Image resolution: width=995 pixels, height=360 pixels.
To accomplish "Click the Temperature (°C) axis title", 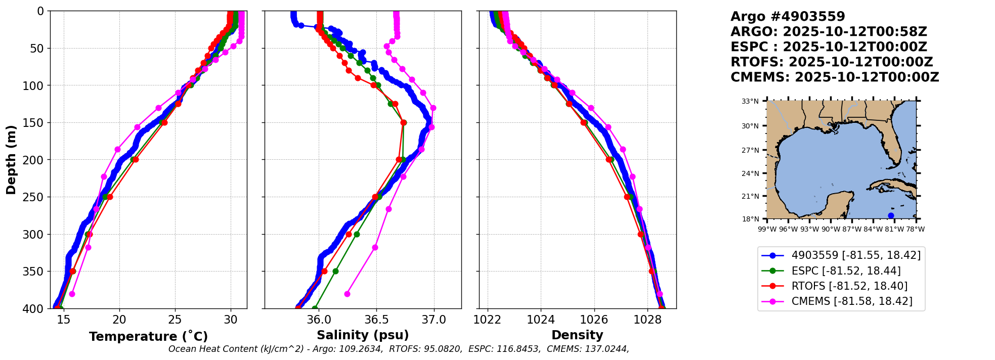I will click(148, 337).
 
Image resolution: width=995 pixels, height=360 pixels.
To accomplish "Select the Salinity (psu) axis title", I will click(363, 335).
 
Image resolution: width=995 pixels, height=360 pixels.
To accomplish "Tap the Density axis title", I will click(577, 335).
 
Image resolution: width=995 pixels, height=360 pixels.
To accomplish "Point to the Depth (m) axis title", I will click(11, 159).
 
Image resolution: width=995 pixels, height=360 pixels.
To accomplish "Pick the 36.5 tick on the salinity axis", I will click(376, 320).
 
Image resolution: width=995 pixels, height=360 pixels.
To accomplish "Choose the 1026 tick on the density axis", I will click(594, 320).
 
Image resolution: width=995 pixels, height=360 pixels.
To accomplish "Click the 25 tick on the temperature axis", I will click(175, 320).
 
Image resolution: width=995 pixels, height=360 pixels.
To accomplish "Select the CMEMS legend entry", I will click(852, 301).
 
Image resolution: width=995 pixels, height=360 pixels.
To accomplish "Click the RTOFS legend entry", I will click(849, 286).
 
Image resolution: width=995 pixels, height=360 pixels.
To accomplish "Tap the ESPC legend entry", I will click(846, 271).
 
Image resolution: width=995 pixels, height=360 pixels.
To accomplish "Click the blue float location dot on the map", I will click(891, 215).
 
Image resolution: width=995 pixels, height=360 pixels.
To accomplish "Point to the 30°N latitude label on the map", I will click(750, 126).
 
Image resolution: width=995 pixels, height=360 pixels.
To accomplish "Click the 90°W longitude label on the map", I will click(831, 229).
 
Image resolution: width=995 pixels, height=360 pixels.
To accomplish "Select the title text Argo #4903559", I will click(788, 17).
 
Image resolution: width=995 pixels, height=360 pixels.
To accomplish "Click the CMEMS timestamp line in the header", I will click(835, 77).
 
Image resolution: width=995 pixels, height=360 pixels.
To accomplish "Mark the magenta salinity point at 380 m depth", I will click(347, 294).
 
